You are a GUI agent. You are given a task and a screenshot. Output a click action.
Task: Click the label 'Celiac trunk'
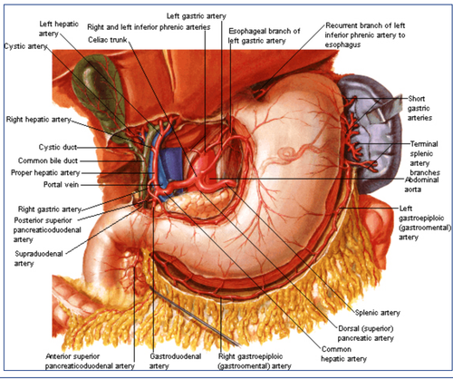[x=107, y=40]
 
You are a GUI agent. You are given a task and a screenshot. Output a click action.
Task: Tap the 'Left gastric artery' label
[x=197, y=16]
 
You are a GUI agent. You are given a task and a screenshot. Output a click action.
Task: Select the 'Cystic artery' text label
[x=25, y=46]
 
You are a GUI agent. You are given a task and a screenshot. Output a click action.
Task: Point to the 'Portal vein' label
[x=61, y=184]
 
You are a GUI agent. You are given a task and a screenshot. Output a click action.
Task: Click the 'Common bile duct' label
[x=48, y=160]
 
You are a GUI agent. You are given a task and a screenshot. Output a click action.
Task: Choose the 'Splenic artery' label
[x=378, y=313]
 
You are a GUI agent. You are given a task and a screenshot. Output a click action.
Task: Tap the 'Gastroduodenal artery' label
[x=175, y=361]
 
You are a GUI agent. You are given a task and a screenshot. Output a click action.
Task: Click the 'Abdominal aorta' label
[x=421, y=184]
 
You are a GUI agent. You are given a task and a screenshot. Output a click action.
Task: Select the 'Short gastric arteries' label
[x=419, y=108]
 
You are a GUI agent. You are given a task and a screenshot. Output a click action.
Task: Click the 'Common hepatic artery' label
[x=343, y=354]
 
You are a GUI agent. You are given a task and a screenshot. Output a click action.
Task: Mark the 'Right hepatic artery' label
[x=38, y=120]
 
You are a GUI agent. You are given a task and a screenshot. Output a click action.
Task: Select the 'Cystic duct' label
[x=58, y=147]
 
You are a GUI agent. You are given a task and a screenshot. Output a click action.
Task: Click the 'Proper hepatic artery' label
[x=45, y=172]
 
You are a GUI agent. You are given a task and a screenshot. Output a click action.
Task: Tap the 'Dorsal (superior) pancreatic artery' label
[x=366, y=333]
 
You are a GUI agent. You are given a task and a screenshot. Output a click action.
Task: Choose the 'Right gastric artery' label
[x=50, y=209]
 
